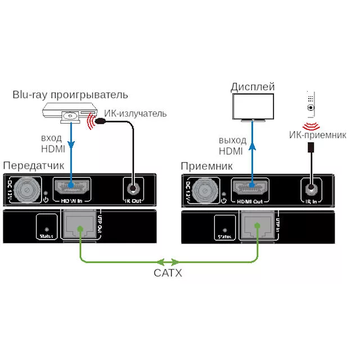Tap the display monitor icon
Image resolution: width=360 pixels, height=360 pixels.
click(253, 107)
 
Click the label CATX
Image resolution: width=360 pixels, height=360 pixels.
click(168, 273)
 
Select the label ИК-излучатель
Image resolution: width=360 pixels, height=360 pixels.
click(136, 114)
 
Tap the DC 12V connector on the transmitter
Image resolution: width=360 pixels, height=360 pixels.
click(25, 190)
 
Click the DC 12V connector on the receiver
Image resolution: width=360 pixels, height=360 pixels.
click(204, 190)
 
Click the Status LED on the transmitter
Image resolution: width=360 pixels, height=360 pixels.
click(46, 229)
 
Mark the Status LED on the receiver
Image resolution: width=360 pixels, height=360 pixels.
click(224, 229)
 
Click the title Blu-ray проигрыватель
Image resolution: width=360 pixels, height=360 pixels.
click(70, 94)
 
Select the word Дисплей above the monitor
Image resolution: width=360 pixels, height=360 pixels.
click(253, 87)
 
